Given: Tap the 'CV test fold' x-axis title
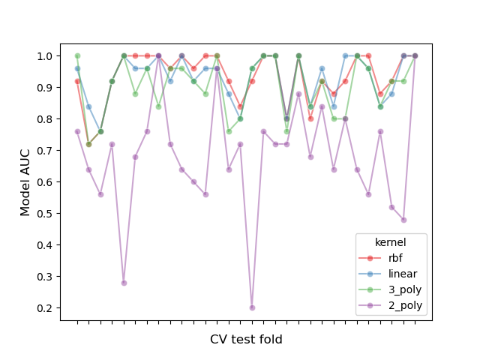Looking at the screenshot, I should pyautogui.click(x=246, y=340).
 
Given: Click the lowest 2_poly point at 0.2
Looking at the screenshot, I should pyautogui.click(x=252, y=307).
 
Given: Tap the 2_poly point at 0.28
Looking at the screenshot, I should pyautogui.click(x=124, y=283).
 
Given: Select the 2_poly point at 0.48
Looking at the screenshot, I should pyautogui.click(x=403, y=220).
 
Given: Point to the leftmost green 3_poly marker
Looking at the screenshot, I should pyautogui.click(x=77, y=56).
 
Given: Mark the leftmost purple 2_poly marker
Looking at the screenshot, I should pyautogui.click(x=77, y=131).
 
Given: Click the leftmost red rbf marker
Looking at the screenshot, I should pyautogui.click(x=77, y=81).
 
